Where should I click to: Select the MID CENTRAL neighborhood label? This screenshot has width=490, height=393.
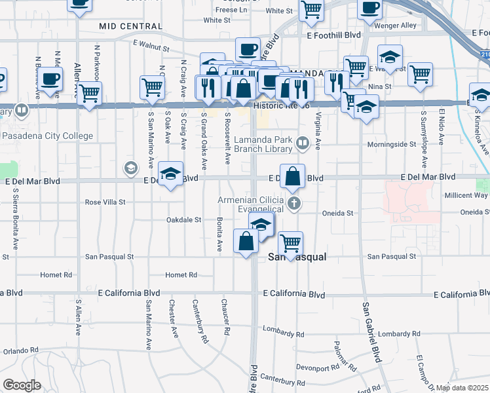[130, 26]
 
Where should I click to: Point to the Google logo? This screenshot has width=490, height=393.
[22, 384]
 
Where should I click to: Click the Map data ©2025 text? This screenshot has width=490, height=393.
[462, 388]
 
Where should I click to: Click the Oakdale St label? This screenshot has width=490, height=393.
[183, 220]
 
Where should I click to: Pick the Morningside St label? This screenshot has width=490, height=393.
[395, 143]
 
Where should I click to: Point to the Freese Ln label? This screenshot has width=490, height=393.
[231, 10]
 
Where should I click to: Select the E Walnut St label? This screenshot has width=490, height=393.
[151, 46]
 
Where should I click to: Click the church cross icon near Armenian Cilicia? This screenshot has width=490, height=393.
[294, 203]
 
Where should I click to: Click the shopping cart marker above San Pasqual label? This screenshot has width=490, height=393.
[290, 244]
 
